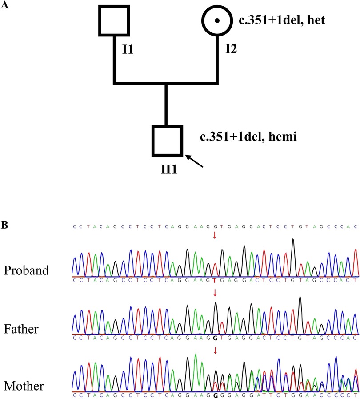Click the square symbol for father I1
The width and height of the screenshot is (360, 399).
[114, 20]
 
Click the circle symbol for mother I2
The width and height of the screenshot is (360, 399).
[217, 20]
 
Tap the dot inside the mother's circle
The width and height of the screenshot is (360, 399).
[217, 21]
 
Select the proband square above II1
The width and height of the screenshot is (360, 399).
[167, 141]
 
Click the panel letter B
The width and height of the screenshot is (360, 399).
[5, 226]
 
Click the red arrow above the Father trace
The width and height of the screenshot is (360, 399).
[215, 292]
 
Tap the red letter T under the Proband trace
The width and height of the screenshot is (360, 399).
[215, 281]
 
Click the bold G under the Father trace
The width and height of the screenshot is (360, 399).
[215, 338]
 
